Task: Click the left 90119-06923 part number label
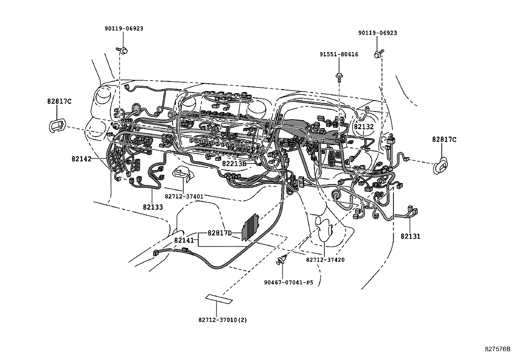coord(124,29)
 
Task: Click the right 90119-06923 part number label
coord(377,33)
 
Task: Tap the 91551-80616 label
coord(339,54)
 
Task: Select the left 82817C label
coord(59,101)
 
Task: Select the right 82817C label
coord(444,140)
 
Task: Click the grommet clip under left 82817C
coord(57,126)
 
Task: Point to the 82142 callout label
coord(81,159)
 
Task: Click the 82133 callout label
coord(153,207)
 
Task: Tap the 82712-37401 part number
coord(184,197)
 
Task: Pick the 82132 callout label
coord(364,126)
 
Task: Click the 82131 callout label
coord(410,236)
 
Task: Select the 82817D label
coord(220,233)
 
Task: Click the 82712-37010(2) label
coord(223,320)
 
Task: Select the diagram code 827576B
coord(497,349)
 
